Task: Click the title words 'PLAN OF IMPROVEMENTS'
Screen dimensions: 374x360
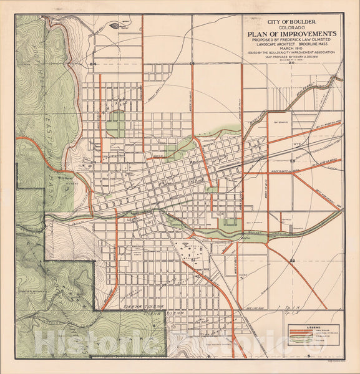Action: (292, 34)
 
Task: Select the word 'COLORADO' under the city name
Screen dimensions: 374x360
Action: (291, 26)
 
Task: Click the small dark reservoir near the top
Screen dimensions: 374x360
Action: (116, 26)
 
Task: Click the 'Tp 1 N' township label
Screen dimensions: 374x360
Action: (288, 308)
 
